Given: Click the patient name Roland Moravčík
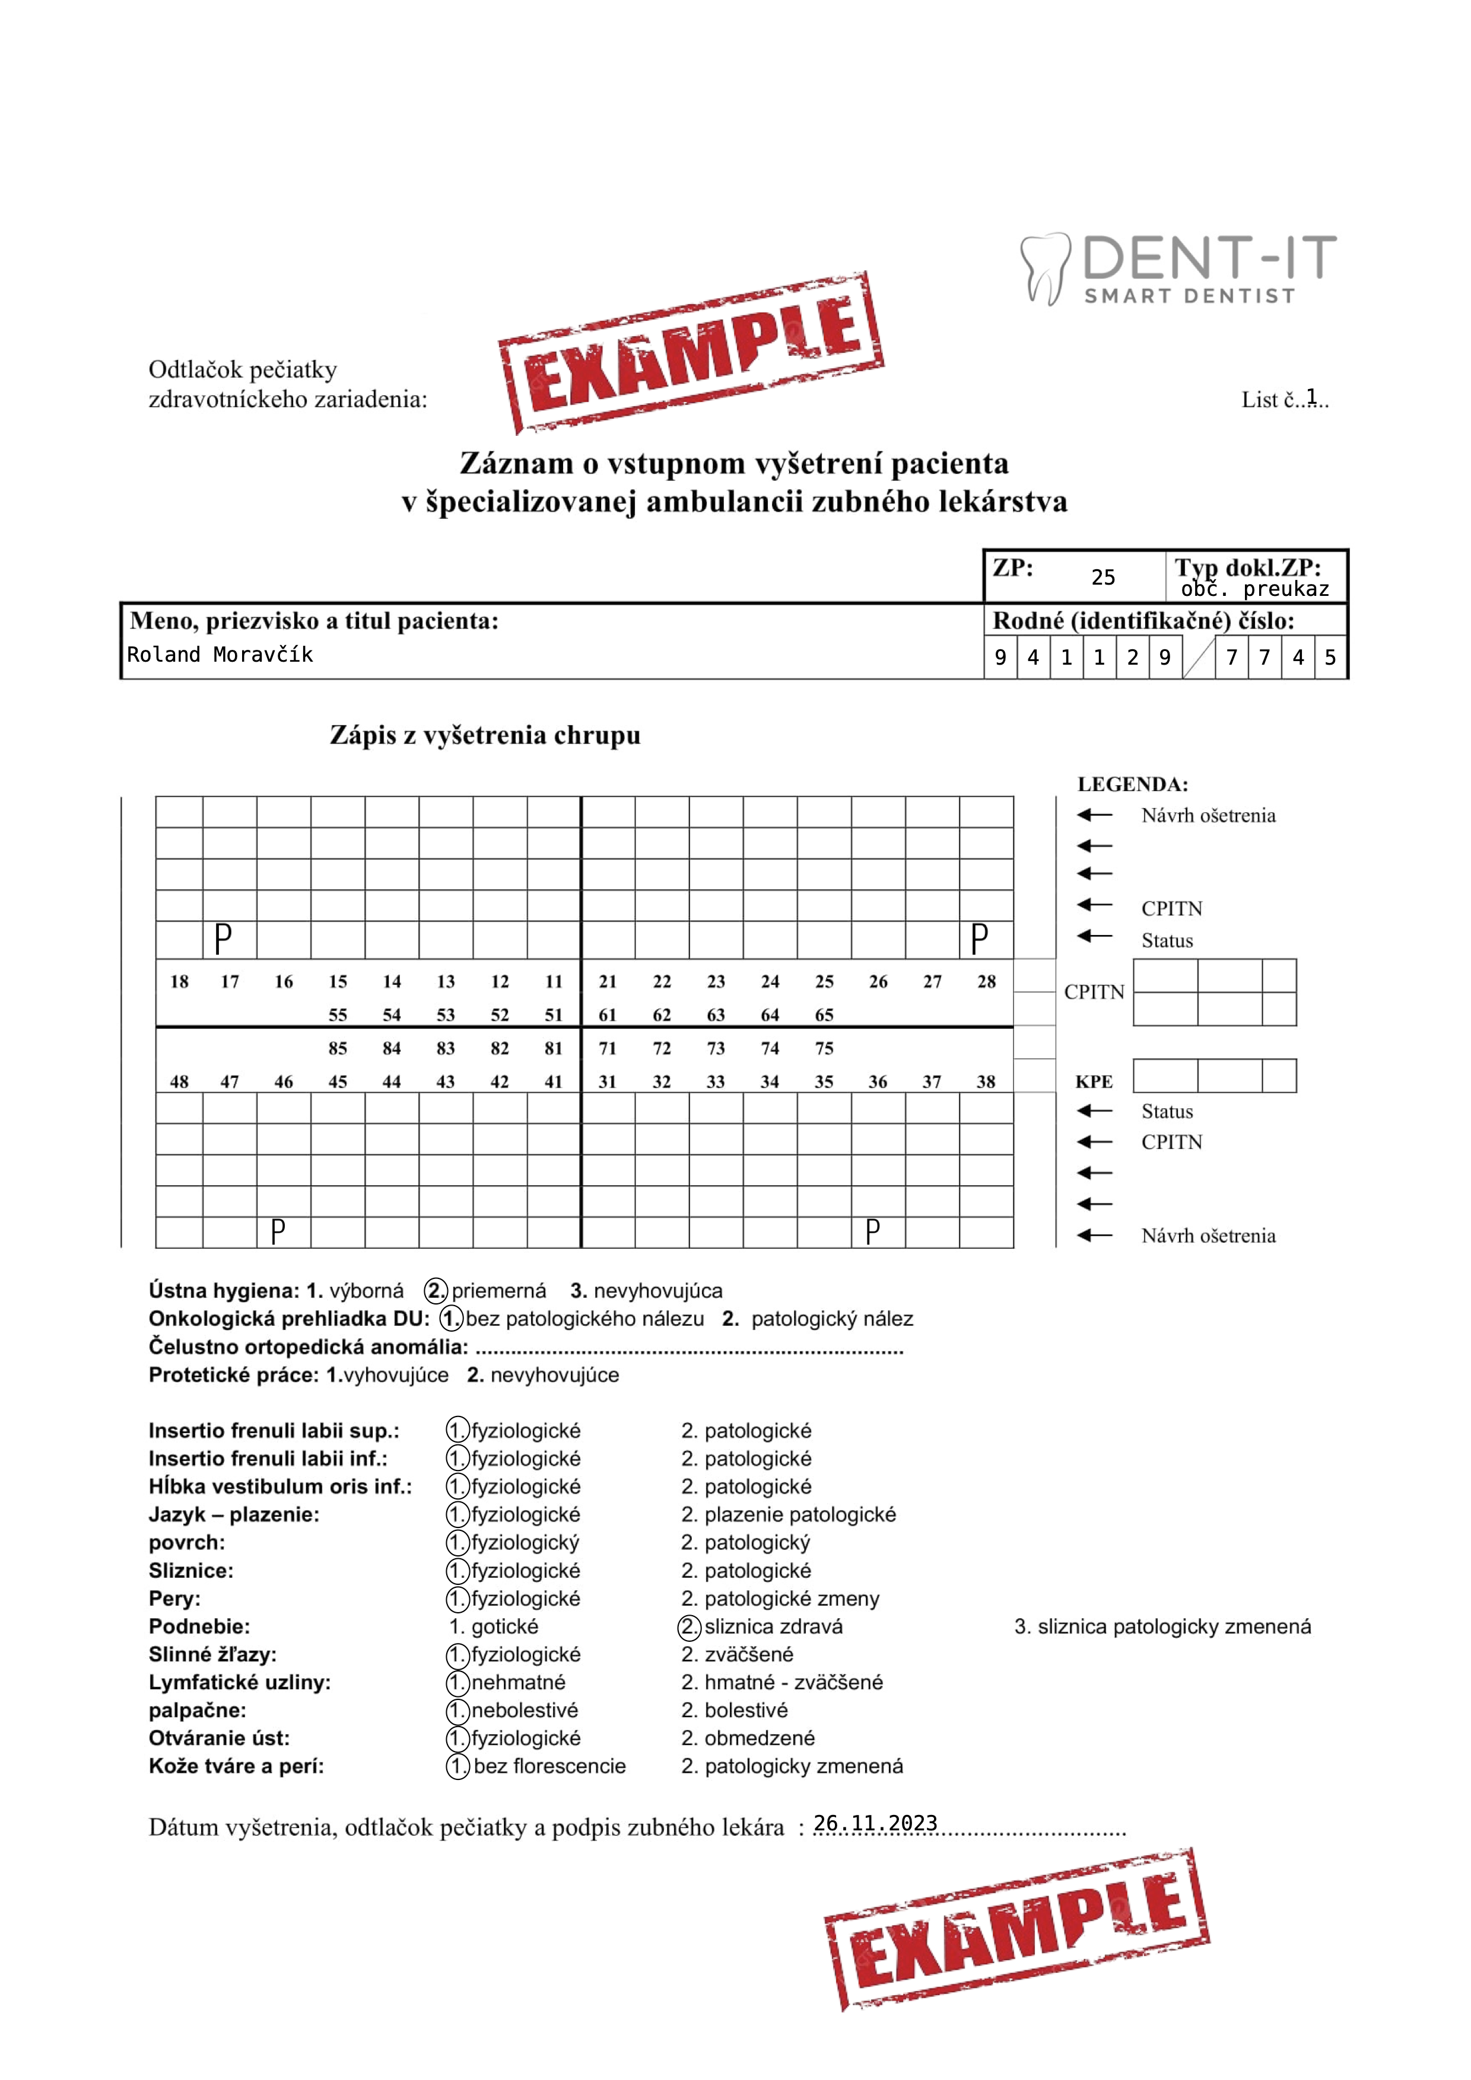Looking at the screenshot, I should tap(220, 655).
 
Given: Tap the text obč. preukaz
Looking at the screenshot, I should tap(1254, 590).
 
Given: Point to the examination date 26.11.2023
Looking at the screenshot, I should tap(875, 1824).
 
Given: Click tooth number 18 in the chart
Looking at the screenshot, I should tap(179, 981).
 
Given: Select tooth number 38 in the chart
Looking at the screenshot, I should tap(986, 1082).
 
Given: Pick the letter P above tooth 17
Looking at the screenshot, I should tap(223, 939).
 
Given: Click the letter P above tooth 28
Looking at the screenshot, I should tap(979, 939).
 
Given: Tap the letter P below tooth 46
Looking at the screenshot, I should tap(278, 1232).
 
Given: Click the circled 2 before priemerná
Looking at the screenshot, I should tap(437, 1291).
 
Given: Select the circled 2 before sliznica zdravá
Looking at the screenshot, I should tap(690, 1627).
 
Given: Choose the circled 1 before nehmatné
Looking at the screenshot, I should tap(457, 1683).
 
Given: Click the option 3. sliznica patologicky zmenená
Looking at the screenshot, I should tap(1163, 1627).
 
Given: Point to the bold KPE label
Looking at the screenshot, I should tap(1094, 1082).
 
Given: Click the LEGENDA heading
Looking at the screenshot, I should tap(1132, 784).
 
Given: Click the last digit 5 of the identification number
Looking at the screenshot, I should tap(1330, 658).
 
